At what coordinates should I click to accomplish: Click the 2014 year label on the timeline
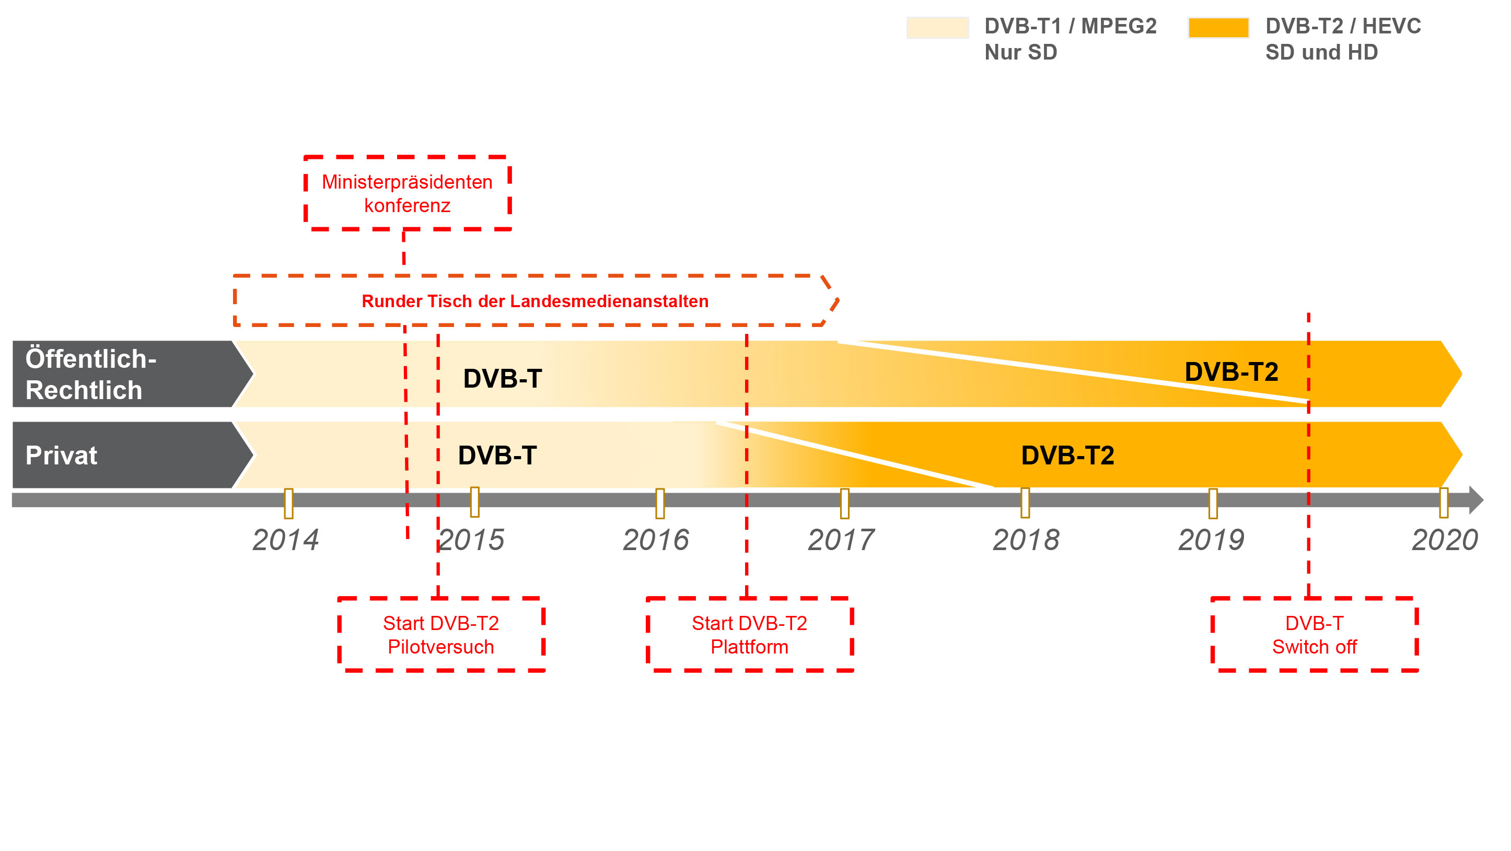click(x=286, y=540)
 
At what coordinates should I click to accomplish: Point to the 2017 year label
click(x=841, y=540)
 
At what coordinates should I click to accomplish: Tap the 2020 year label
click(x=1445, y=540)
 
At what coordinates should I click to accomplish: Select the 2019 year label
click(x=1211, y=540)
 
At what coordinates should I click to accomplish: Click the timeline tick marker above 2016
click(x=660, y=503)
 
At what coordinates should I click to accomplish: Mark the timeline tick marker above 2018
click(x=1025, y=503)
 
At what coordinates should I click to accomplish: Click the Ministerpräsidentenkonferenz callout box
click(x=408, y=193)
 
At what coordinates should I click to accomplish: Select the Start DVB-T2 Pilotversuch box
click(x=441, y=635)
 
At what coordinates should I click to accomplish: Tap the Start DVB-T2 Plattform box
click(x=750, y=635)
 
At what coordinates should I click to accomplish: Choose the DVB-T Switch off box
click(x=1315, y=635)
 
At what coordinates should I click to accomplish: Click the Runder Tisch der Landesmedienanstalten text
click(x=535, y=301)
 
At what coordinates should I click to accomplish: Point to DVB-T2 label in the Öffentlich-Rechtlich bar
click(x=1231, y=372)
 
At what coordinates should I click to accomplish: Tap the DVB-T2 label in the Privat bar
click(x=1067, y=455)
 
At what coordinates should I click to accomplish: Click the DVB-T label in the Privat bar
click(x=497, y=455)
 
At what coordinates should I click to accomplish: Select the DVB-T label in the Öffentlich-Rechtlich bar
click(x=503, y=378)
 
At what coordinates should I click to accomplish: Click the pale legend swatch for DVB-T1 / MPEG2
click(x=937, y=28)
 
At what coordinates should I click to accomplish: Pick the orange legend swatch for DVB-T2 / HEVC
click(x=1218, y=28)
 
